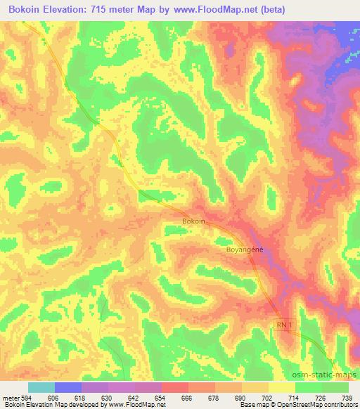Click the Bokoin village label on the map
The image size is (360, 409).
click(193, 221)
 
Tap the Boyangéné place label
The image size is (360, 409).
click(245, 249)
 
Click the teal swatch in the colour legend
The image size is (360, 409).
click(41, 387)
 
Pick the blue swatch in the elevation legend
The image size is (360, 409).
click(68, 387)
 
